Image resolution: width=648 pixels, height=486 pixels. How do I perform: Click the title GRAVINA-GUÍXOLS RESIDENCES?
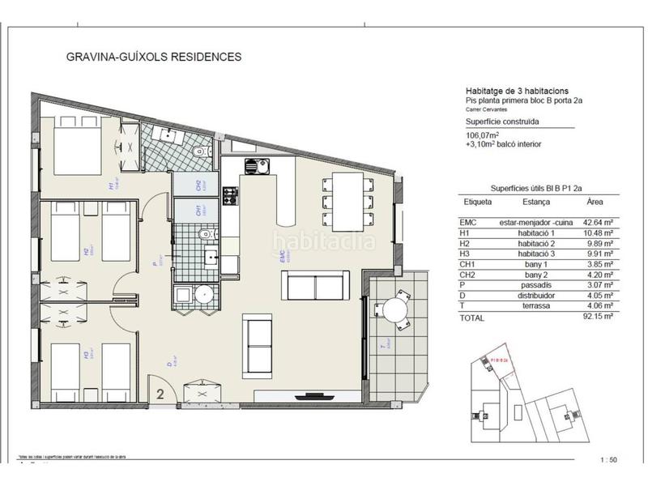[152, 58]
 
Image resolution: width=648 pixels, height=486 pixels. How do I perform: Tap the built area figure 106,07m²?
[482, 134]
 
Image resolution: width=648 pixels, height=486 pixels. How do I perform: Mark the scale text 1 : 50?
[607, 460]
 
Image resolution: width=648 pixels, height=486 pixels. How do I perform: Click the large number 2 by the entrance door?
[160, 394]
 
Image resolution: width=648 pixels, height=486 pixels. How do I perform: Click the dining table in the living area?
[349, 199]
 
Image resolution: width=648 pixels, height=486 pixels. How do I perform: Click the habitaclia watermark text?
[324, 241]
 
